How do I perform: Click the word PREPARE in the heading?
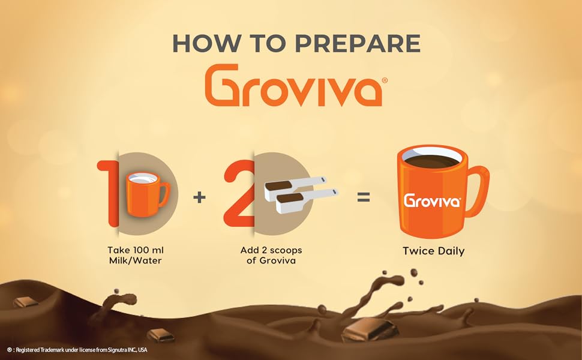coord(358,43)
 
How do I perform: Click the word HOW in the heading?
coord(206,43)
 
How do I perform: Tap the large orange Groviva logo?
coord(293,85)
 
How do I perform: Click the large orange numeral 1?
coord(108,193)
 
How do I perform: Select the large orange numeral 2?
coord(239,193)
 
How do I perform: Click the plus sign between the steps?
coord(199,197)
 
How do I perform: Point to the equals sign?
coord(364,197)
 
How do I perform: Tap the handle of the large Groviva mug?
coord(476,191)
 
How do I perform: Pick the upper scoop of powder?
coord(295,187)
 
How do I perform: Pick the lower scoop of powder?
coord(307,201)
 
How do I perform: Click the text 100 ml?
coord(148,250)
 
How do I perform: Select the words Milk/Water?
coord(136,260)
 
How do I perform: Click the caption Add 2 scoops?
coord(271,251)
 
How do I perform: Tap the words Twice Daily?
coord(434,251)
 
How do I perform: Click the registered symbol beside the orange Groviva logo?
coord(385,80)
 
